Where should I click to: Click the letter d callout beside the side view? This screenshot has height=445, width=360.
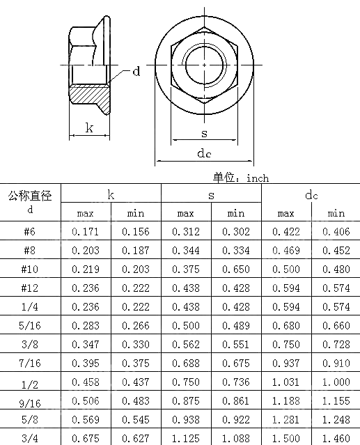(136, 71)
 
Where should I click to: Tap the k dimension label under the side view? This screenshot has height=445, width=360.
(89, 127)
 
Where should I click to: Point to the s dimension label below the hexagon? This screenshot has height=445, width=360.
(203, 132)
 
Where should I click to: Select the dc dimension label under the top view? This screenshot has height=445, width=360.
(204, 153)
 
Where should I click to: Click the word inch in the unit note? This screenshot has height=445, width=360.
(258, 178)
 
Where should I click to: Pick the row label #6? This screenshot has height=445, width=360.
(30, 231)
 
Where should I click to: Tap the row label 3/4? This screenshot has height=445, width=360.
(30, 438)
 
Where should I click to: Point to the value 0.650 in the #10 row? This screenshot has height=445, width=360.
(236, 269)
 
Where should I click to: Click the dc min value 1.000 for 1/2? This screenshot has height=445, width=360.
(336, 382)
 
